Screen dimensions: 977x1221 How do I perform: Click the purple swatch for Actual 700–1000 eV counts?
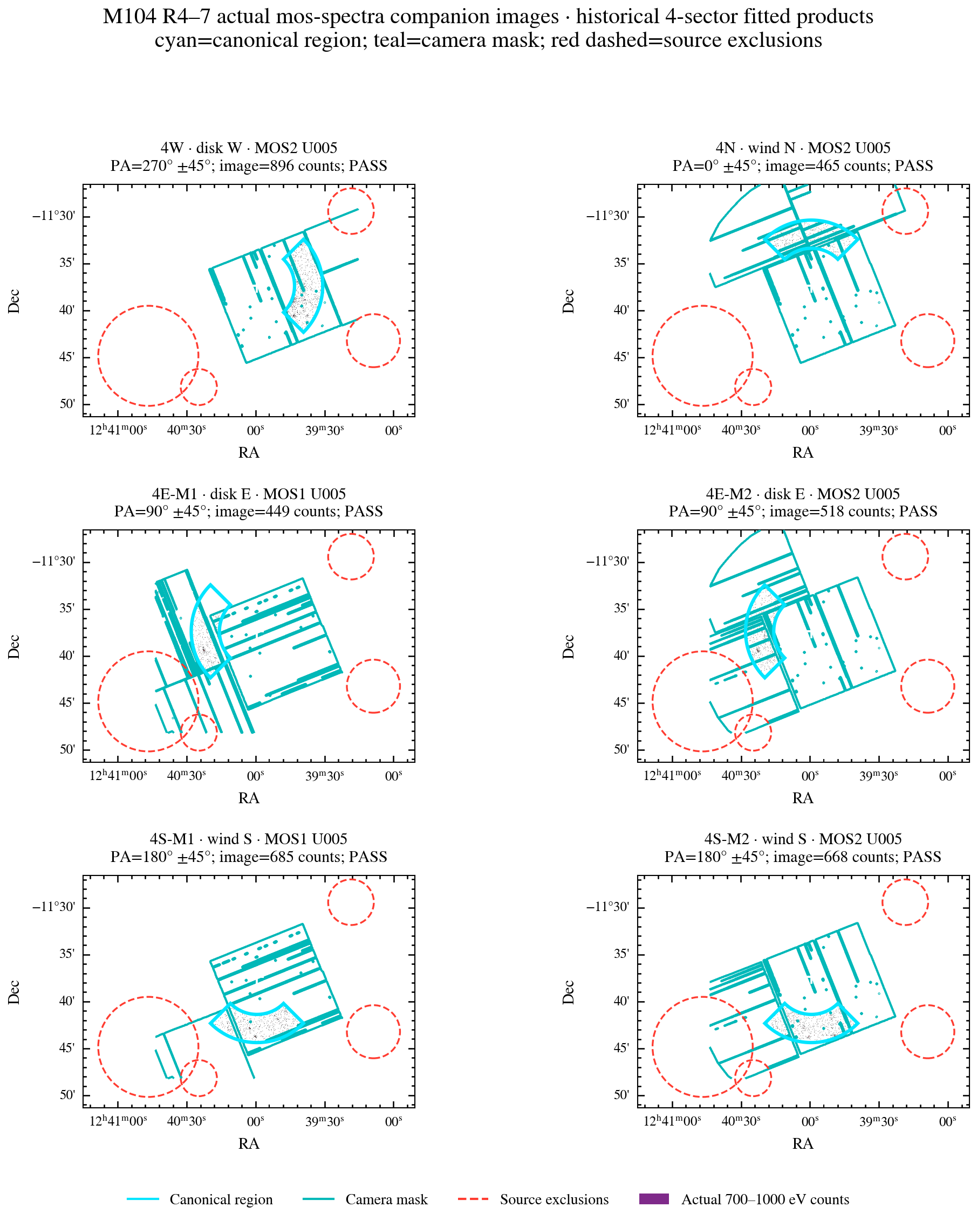coord(653,1199)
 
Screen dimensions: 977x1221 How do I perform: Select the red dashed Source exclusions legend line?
coord(473,1199)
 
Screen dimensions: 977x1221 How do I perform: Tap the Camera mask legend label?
coord(386,1199)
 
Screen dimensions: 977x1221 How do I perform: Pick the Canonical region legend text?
coord(221,1199)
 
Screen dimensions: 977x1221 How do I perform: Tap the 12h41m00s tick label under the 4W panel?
coord(118,430)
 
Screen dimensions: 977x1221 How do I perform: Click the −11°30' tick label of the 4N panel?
coord(607,216)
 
